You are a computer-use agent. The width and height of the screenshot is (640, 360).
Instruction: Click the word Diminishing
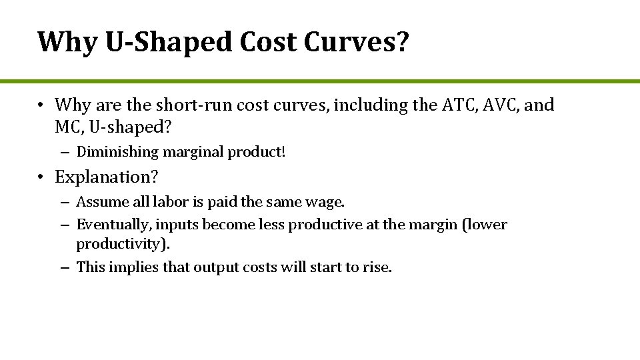tap(115, 152)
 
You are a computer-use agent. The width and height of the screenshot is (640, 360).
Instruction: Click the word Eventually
tap(114, 225)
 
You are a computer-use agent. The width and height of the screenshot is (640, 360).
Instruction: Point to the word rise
tap(378, 267)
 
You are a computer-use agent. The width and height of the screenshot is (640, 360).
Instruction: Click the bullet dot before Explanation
tap(41, 177)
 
